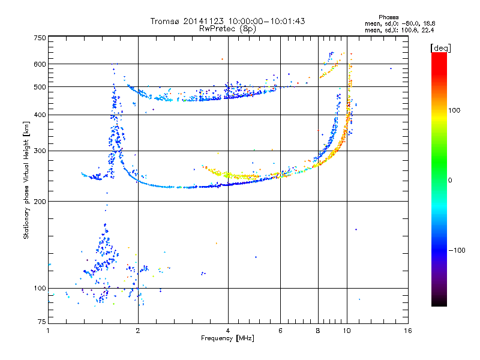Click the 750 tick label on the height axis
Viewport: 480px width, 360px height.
point(40,38)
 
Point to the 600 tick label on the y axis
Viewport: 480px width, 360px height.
point(40,64)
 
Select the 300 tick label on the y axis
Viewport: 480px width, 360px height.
point(40,151)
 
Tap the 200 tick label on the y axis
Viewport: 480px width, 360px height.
point(40,202)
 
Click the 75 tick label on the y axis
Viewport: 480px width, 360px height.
point(42,322)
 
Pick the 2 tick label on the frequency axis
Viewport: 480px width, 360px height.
point(138,331)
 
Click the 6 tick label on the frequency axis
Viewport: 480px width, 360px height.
point(280,331)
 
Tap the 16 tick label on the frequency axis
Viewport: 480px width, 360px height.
point(408,331)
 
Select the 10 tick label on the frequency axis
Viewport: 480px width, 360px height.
point(347,331)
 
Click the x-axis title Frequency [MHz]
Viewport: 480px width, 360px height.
point(227,338)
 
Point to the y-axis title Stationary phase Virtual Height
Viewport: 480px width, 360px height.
point(26,181)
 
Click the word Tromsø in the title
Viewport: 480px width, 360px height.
point(164,21)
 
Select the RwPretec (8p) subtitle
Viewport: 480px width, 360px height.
point(227,29)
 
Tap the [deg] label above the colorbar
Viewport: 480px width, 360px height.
point(440,49)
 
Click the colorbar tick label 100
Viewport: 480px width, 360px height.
point(454,110)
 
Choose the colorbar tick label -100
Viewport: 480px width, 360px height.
point(457,250)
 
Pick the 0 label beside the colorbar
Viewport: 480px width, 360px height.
point(450,181)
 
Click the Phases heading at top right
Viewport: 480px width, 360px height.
point(388,17)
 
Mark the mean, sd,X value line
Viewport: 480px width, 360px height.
point(400,31)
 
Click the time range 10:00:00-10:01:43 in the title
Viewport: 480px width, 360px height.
point(266,21)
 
